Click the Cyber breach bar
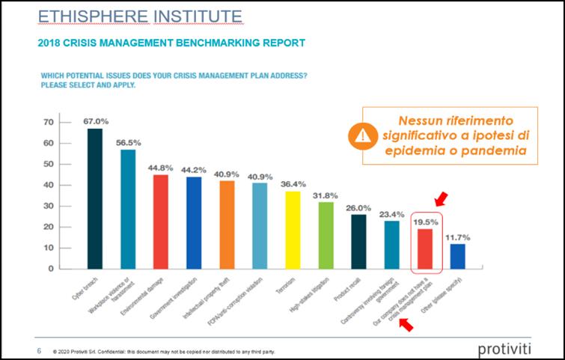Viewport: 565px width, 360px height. click(95, 198)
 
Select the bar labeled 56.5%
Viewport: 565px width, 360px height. click(128, 209)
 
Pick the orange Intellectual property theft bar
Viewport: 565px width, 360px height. click(227, 225)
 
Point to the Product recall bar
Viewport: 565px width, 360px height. click(358, 240)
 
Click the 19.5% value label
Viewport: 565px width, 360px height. click(426, 222)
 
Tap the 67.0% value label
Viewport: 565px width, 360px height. click(96, 121)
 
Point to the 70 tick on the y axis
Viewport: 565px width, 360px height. click(49, 122)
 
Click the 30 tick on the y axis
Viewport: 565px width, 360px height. click(49, 206)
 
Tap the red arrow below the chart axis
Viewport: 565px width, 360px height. click(406, 323)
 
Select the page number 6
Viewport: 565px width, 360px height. click(39, 350)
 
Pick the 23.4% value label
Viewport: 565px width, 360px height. click(392, 213)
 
